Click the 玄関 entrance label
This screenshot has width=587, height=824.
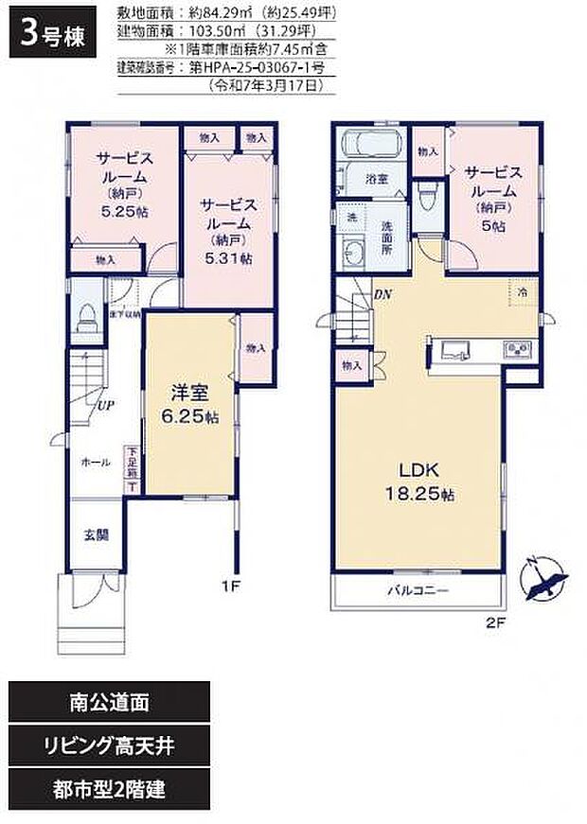pyautogui.click(x=95, y=535)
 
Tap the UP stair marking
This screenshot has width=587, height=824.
pyautogui.click(x=103, y=407)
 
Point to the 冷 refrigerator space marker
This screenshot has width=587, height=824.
pyautogui.click(x=523, y=293)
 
